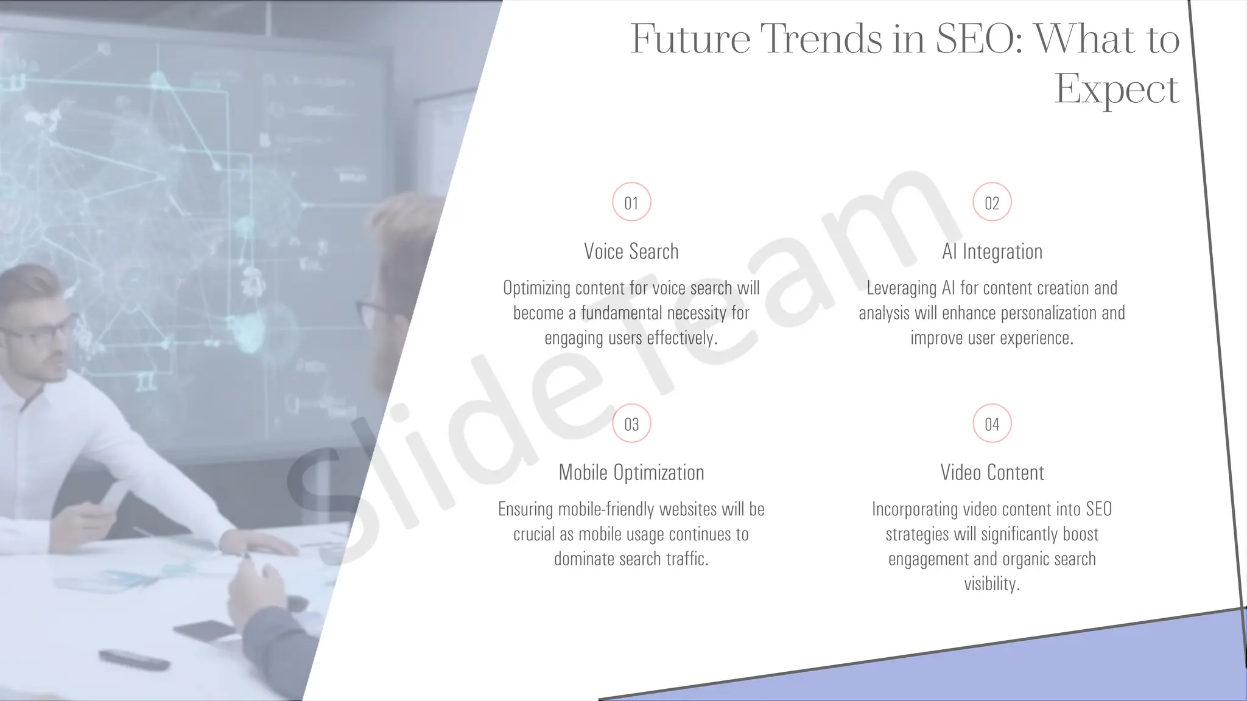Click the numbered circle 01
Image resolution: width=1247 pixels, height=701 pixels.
[x=631, y=202]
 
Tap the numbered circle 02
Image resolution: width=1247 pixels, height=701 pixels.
[x=992, y=202]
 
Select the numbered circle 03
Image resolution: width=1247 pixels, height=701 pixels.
[x=631, y=424]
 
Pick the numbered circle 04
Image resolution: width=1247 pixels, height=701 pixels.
[x=992, y=424]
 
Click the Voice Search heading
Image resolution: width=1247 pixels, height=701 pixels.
[x=631, y=251]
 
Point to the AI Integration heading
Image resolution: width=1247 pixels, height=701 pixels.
[x=992, y=251]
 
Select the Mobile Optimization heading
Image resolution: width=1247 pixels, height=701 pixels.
[x=631, y=472]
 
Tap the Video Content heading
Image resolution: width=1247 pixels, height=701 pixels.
[x=992, y=472]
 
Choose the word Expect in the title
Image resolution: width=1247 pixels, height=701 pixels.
[x=1117, y=89]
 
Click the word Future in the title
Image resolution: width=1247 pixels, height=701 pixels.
[x=690, y=38]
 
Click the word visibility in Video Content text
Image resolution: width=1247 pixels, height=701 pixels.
[x=990, y=584]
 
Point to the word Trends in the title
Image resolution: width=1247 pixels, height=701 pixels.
[x=822, y=38]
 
